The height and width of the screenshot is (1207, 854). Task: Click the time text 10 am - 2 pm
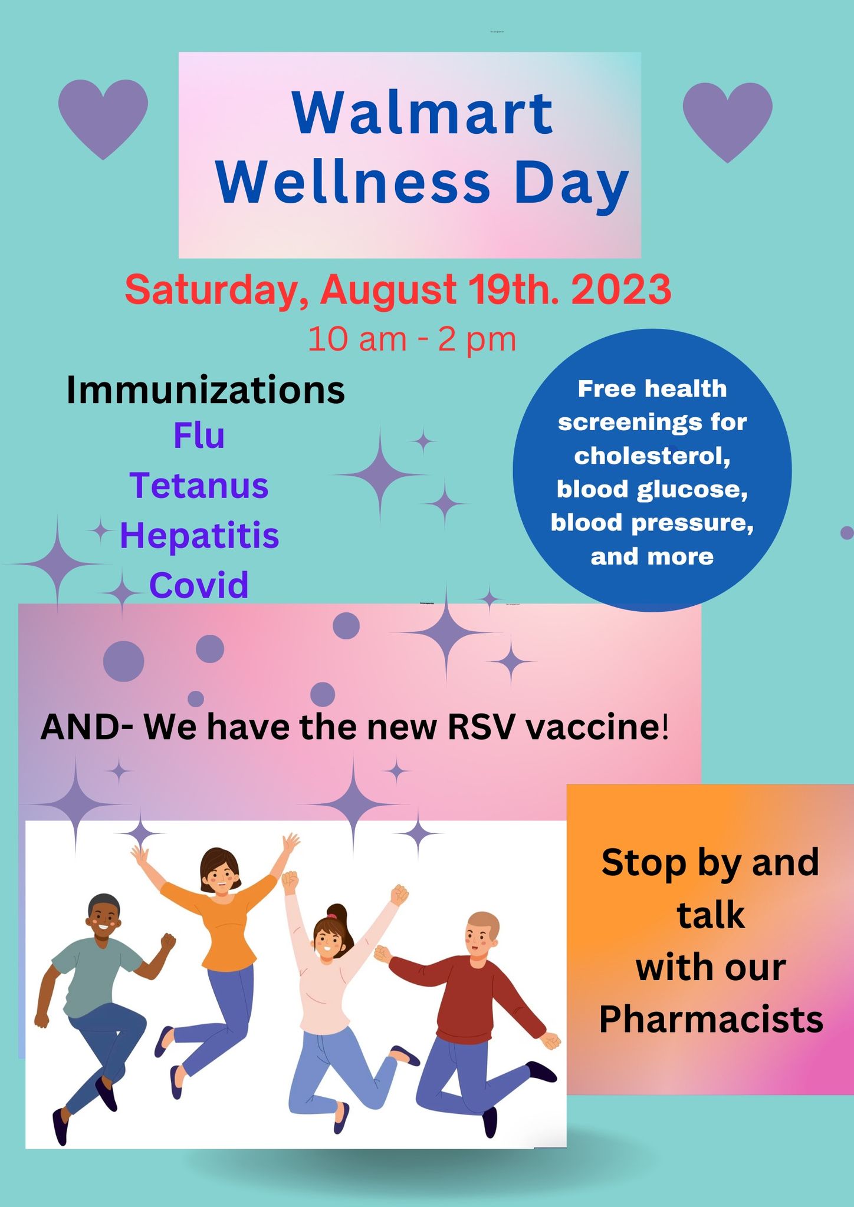click(412, 339)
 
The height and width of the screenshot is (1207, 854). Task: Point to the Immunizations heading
click(205, 390)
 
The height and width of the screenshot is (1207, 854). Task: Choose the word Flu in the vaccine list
click(199, 436)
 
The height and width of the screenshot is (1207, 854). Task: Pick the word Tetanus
click(199, 486)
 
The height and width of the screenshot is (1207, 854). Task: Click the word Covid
click(199, 585)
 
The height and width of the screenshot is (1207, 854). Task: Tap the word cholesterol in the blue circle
click(652, 456)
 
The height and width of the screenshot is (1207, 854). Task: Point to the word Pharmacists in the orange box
click(711, 1035)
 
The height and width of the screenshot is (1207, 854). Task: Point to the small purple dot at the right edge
click(846, 533)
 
